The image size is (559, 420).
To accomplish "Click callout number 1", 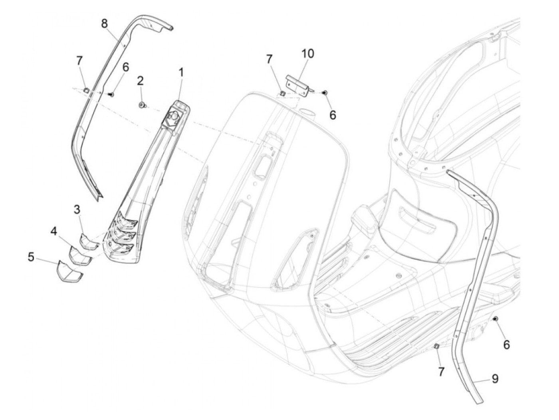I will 181,73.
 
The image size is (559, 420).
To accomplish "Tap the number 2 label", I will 140,81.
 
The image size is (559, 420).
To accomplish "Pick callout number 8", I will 104,24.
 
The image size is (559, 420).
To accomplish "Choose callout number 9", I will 495,378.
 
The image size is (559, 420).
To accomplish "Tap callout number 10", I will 308,53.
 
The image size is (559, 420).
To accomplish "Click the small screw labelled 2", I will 141,105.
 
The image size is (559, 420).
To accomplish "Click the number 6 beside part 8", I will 114,67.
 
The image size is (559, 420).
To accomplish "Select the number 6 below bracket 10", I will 333,115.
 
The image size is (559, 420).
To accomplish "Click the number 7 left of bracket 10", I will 269,59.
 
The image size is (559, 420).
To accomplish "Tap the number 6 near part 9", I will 506,344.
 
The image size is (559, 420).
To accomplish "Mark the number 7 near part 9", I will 441,372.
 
